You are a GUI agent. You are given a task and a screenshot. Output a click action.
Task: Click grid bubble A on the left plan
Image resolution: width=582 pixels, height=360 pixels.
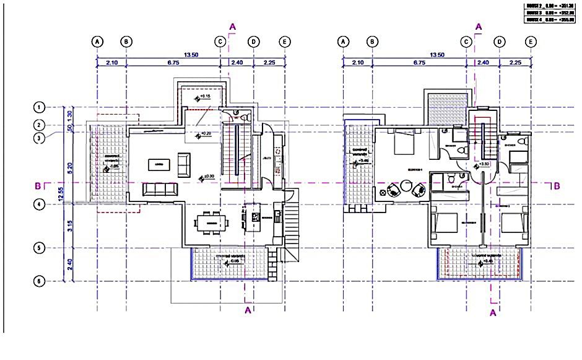click(97, 42)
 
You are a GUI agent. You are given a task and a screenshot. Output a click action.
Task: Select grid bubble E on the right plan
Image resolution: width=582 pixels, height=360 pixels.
click(531, 42)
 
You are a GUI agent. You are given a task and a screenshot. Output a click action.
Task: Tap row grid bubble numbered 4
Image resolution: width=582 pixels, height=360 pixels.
click(39, 204)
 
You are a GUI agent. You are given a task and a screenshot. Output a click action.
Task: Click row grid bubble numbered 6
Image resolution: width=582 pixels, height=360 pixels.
click(39, 282)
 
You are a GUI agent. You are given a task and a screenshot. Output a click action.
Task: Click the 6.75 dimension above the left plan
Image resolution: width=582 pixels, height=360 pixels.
click(173, 63)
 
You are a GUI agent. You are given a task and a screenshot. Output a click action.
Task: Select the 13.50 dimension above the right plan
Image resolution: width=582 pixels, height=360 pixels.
click(437, 55)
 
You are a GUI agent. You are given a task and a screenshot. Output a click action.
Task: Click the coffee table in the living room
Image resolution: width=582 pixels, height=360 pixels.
click(160, 164)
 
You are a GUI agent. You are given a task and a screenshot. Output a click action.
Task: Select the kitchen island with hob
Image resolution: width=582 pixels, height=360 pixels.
click(254, 216)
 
